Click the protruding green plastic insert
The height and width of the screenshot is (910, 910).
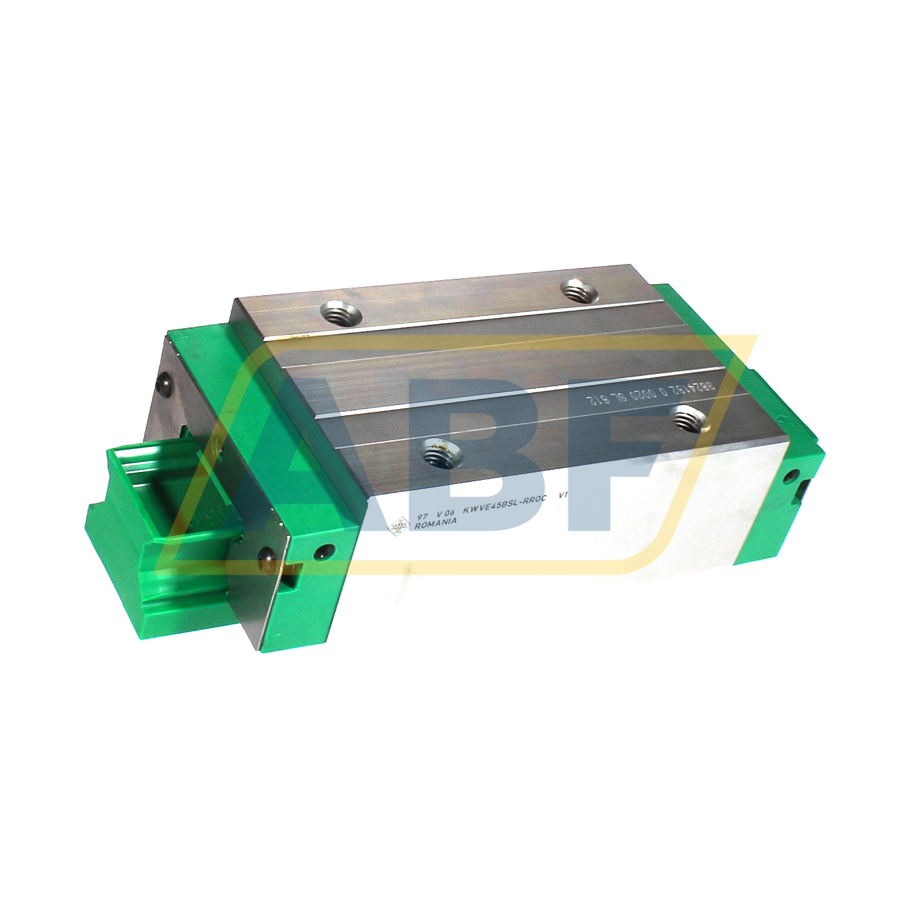point(149,500)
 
